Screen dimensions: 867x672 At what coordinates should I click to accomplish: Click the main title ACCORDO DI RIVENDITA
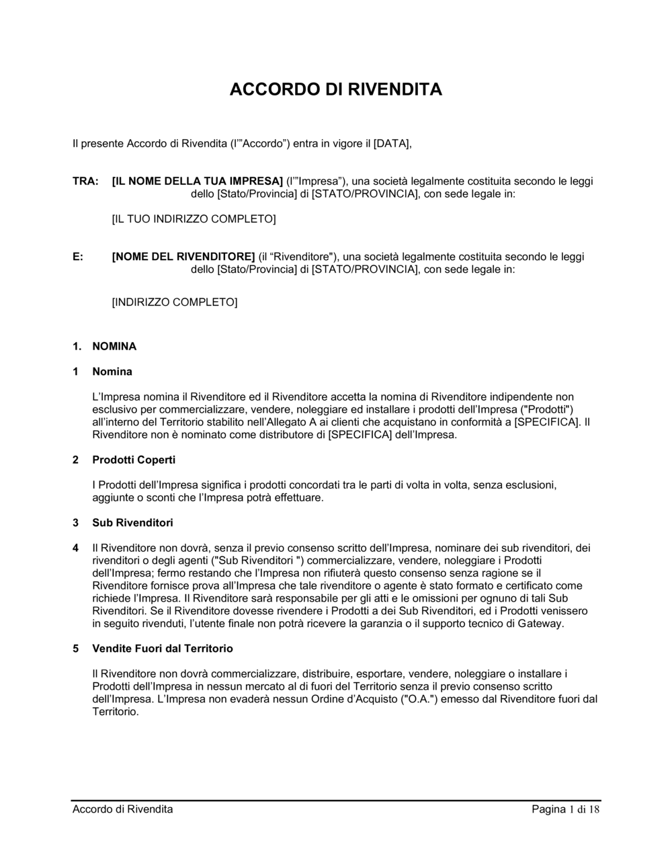click(335, 89)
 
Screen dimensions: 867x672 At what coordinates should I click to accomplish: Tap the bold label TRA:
click(85, 181)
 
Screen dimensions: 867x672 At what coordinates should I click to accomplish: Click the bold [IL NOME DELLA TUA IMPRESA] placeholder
click(197, 181)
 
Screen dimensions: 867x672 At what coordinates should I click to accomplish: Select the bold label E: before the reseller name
click(78, 257)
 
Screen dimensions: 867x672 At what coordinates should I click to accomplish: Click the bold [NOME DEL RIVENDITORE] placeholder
click(183, 257)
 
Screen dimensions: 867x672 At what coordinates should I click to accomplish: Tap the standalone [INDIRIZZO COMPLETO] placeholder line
click(174, 302)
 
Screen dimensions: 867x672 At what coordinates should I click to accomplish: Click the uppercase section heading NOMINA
click(114, 347)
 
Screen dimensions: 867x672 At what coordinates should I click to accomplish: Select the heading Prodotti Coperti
click(134, 460)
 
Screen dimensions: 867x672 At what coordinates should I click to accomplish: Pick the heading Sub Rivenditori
click(132, 523)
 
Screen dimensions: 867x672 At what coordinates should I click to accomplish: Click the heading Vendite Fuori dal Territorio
click(163, 649)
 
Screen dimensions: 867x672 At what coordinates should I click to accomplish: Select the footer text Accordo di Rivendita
click(122, 809)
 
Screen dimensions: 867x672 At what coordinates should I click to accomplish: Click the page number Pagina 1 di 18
click(565, 809)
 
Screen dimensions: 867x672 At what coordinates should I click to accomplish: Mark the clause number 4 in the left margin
click(76, 548)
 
